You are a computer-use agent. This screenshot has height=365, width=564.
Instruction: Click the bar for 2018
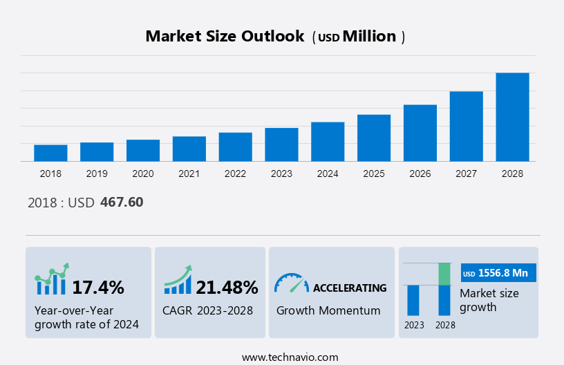tap(50, 153)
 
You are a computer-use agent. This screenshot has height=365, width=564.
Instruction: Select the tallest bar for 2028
tap(512, 117)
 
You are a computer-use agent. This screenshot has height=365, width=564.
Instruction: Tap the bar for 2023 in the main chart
tap(281, 144)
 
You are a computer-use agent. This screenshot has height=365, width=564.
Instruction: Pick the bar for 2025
tap(374, 138)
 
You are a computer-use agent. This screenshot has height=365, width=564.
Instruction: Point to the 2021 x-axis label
tap(189, 174)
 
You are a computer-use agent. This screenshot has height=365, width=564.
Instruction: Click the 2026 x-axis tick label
tap(420, 174)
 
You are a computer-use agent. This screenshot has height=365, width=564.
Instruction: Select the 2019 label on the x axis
tap(97, 174)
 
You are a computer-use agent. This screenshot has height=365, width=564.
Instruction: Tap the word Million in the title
tap(370, 37)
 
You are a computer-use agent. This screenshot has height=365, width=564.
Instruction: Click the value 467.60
tap(122, 203)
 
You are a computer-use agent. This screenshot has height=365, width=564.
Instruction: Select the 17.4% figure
tap(98, 287)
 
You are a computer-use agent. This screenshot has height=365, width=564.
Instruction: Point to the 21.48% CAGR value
tap(227, 287)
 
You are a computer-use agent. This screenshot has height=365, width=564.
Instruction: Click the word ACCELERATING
tap(350, 288)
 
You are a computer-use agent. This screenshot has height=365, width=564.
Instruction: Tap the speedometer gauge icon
tap(291, 283)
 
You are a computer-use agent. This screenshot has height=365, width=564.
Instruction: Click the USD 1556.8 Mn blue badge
tap(498, 273)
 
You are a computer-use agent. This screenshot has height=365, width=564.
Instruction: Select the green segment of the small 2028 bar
tap(444, 274)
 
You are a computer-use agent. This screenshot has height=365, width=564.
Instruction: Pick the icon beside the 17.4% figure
tap(52, 280)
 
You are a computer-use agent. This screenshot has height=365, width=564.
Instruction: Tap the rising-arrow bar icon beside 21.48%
tap(178, 280)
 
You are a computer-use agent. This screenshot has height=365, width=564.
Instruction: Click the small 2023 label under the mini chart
tap(414, 325)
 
